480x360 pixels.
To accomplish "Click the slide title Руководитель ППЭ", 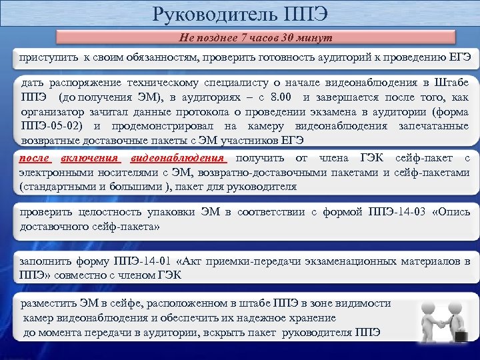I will point(240,14).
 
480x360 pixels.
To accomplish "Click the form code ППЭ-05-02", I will point(51,125).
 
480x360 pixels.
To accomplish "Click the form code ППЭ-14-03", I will point(398,213).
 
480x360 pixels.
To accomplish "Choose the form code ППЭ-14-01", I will point(145,261).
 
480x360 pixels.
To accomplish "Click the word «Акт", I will point(192,261).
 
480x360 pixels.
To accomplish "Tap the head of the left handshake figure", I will point(427,307).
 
